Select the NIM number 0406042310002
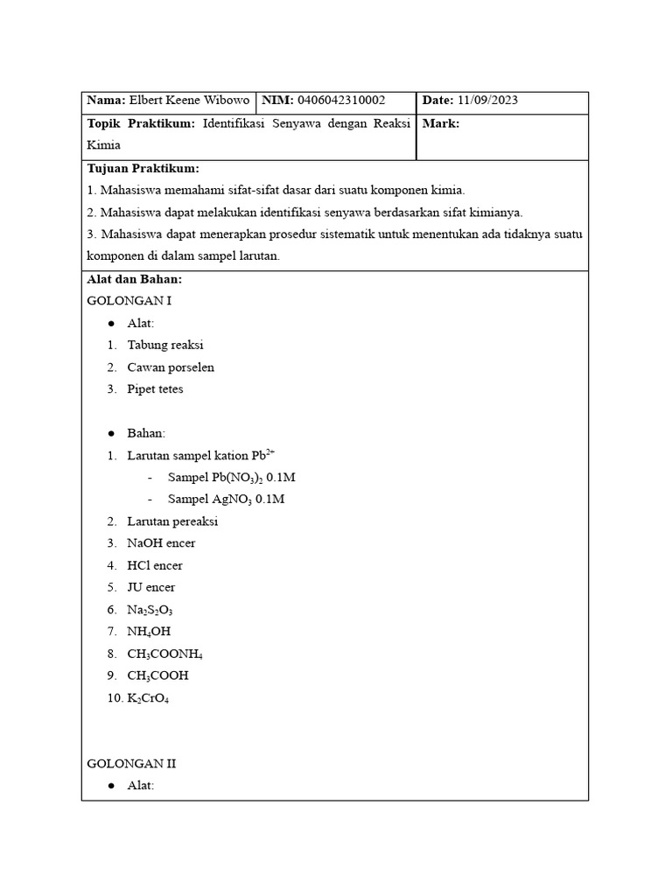(341, 101)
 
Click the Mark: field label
(440, 124)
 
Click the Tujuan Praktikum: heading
(143, 168)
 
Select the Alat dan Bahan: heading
(134, 279)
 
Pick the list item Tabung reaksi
(164, 346)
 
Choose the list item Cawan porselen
(170, 367)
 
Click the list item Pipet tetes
(155, 389)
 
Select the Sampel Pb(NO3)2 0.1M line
(237, 478)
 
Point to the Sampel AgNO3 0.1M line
(226, 500)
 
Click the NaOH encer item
(161, 543)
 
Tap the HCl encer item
(154, 565)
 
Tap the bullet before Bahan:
(112, 434)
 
